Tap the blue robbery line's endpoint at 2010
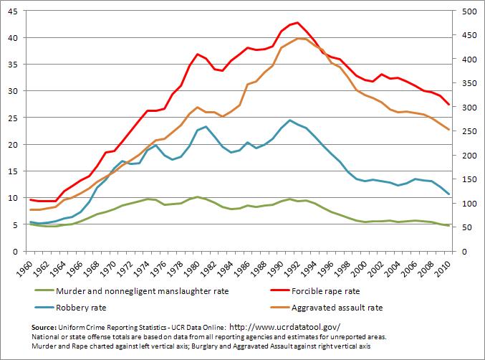pos(448,194)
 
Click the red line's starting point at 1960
pos(30,199)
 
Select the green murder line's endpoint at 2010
pos(448,226)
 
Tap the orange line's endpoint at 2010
pos(448,130)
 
